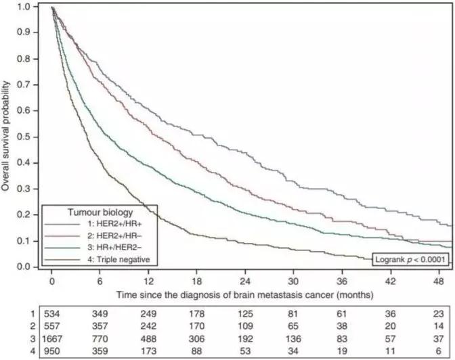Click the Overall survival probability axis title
(7, 136)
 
